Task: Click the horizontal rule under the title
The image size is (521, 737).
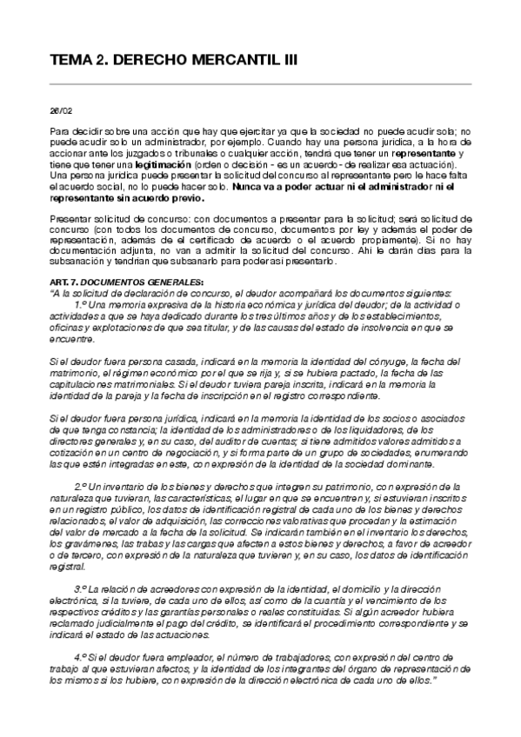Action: [260, 84]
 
